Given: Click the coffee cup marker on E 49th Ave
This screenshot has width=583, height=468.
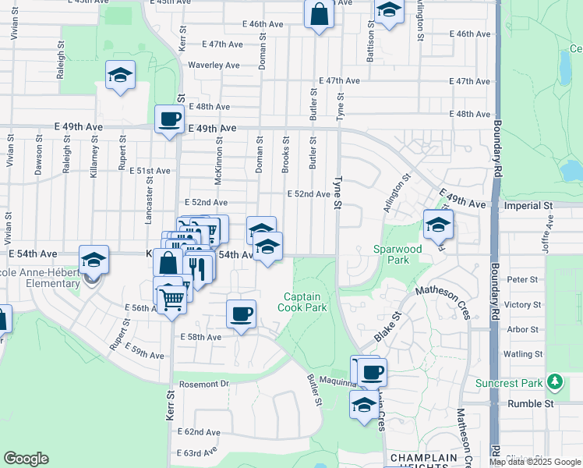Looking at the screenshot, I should pos(169,120).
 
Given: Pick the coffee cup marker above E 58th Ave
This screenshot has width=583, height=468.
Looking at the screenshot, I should pos(241,314).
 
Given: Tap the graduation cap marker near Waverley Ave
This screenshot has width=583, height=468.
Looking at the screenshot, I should pos(120,76).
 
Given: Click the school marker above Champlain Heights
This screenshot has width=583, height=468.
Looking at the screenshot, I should pos(362,406).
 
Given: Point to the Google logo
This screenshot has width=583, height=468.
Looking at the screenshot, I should pos(26,459).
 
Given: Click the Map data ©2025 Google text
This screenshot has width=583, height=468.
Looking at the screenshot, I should pos(534,462).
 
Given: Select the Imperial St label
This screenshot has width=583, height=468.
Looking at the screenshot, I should pos(528,206).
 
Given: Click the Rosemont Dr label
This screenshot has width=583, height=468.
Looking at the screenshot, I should pos(203,384).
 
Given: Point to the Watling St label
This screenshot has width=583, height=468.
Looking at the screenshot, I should pos(523,354).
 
